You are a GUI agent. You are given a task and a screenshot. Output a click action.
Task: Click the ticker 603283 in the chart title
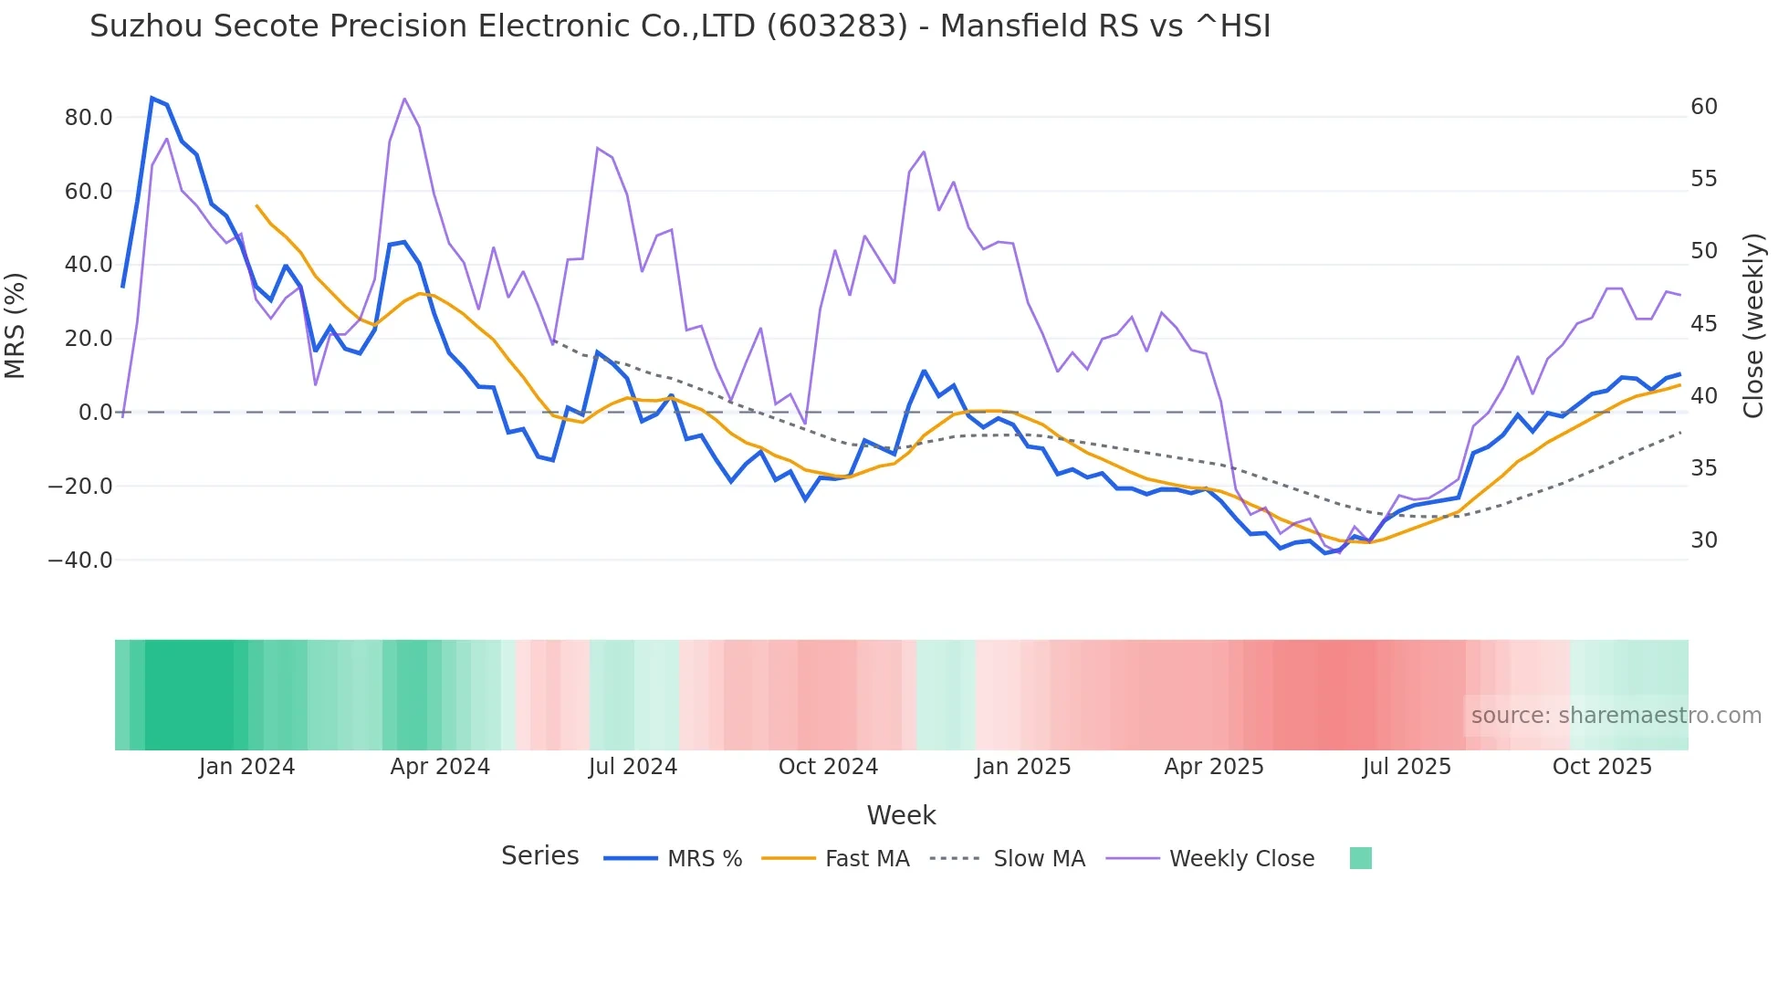tap(837, 26)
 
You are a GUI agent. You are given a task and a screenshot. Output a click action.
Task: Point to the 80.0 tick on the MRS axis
tap(89, 118)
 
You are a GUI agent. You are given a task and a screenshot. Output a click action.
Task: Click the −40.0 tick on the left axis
tap(80, 561)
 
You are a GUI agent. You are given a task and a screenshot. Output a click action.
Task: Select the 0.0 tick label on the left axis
tap(95, 413)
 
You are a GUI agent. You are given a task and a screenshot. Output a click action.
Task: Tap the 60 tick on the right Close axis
tap(1704, 107)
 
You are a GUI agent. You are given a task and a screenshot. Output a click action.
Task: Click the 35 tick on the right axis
tap(1704, 468)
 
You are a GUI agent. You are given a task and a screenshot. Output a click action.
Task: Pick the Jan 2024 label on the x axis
tap(246, 767)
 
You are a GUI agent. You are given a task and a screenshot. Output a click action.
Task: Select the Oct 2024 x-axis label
tap(828, 767)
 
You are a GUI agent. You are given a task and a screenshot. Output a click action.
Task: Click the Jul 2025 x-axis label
tap(1407, 767)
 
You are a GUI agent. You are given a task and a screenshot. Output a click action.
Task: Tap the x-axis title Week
tap(901, 815)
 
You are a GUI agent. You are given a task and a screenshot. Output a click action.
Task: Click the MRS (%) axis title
tap(16, 326)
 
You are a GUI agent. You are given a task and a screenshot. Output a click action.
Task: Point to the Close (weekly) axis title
tap(1753, 326)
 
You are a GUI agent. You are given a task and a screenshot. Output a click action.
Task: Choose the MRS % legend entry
tap(704, 859)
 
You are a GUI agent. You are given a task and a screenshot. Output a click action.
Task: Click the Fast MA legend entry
tap(866, 859)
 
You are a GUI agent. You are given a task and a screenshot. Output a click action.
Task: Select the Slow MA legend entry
tap(1039, 859)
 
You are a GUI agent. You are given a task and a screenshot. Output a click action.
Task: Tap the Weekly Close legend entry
tap(1241, 859)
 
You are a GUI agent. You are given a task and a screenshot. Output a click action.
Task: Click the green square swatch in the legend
tap(1360, 858)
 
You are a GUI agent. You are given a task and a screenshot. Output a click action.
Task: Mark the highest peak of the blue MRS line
tap(152, 98)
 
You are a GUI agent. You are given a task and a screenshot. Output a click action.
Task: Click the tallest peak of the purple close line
tap(404, 99)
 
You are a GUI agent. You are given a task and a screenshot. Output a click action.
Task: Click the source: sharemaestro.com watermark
tap(1616, 716)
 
